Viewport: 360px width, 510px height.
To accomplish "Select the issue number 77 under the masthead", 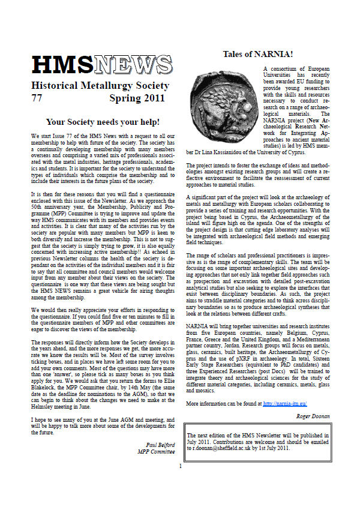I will click(x=37, y=98).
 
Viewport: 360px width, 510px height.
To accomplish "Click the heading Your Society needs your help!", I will click(x=103, y=122).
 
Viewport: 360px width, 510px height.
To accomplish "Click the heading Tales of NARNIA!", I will click(x=258, y=54).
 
